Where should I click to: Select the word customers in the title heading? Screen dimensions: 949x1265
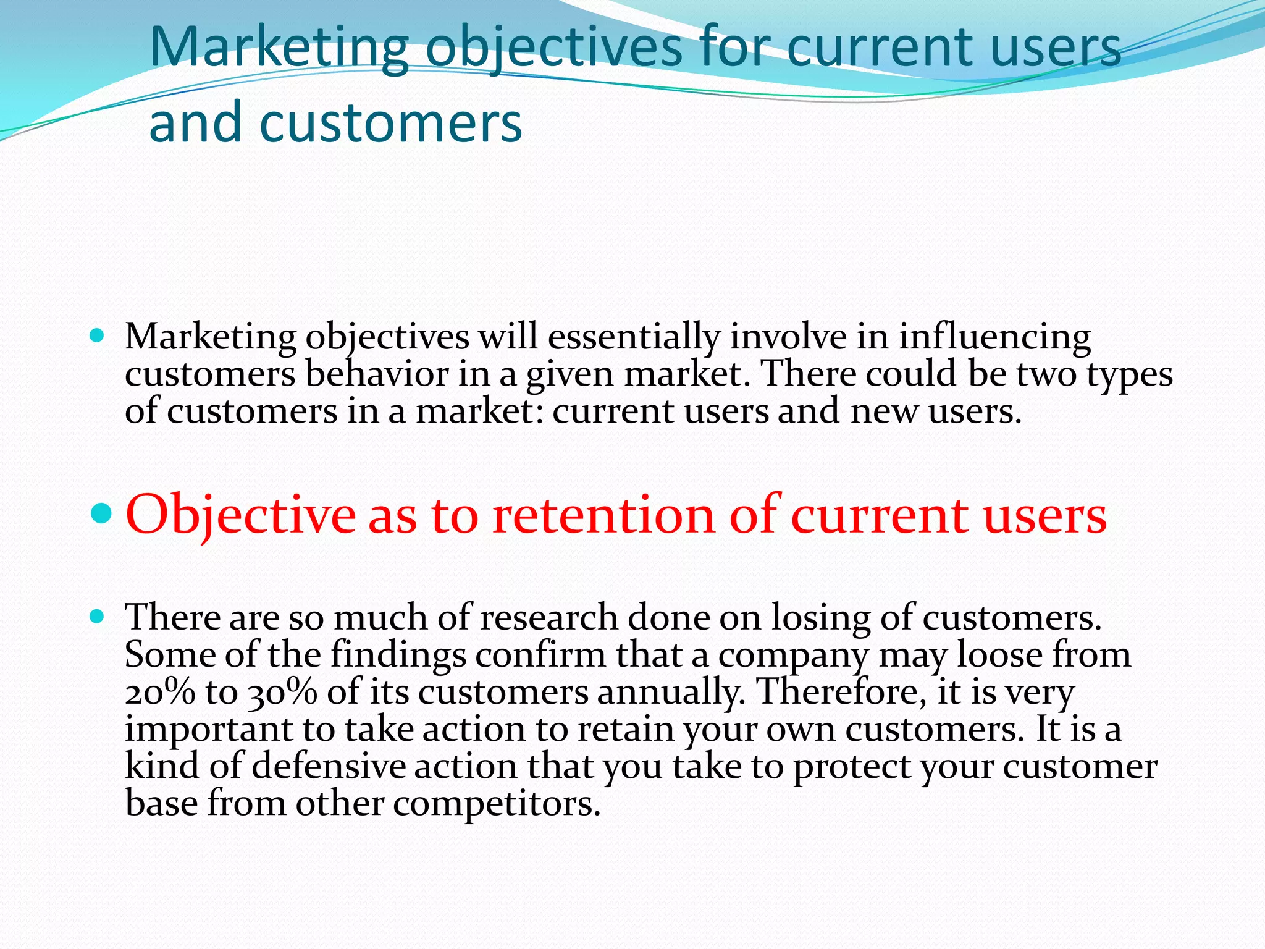click(390, 122)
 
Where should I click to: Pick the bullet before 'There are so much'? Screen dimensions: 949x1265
click(97, 616)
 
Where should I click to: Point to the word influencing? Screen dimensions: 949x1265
click(994, 337)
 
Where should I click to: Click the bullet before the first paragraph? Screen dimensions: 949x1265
click(97, 336)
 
